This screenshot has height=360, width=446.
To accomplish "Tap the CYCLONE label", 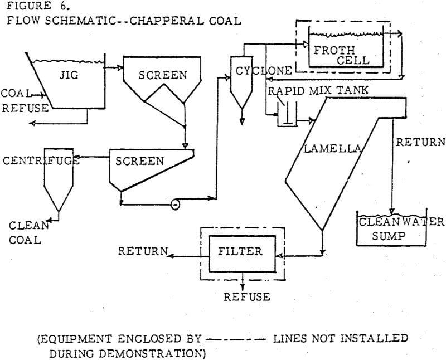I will [264, 71].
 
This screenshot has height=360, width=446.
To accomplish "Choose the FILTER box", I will [240, 252].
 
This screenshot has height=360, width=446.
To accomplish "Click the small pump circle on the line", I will [174, 205].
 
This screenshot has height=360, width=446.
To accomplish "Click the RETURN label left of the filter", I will [143, 252].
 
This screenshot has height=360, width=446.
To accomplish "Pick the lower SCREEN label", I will [140, 161].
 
